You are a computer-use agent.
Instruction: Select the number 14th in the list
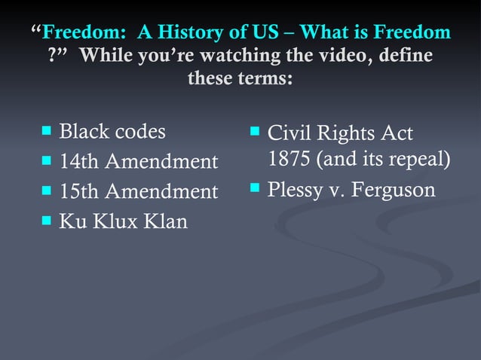click(x=79, y=162)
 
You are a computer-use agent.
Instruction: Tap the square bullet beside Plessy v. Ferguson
click(x=255, y=188)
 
